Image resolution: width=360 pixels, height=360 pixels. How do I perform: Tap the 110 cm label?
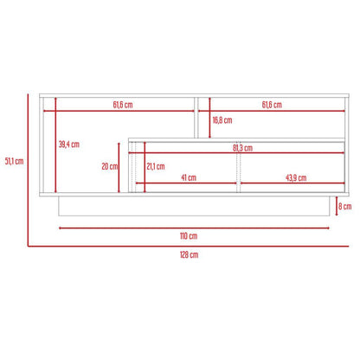(188, 235)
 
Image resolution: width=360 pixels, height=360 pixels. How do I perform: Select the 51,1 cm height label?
(14, 160)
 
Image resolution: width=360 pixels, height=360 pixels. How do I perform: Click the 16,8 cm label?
(222, 120)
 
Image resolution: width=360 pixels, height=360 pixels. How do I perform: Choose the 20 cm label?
(109, 166)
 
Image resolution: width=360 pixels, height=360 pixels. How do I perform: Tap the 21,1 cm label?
(156, 166)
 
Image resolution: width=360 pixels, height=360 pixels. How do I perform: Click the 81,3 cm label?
(242, 147)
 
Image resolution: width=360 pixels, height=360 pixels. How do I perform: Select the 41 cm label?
(189, 177)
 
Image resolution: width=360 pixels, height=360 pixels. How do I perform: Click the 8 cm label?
(344, 206)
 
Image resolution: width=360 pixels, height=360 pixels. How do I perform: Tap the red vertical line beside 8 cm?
(337, 206)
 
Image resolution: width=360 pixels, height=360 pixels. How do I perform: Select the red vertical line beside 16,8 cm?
(210, 119)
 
